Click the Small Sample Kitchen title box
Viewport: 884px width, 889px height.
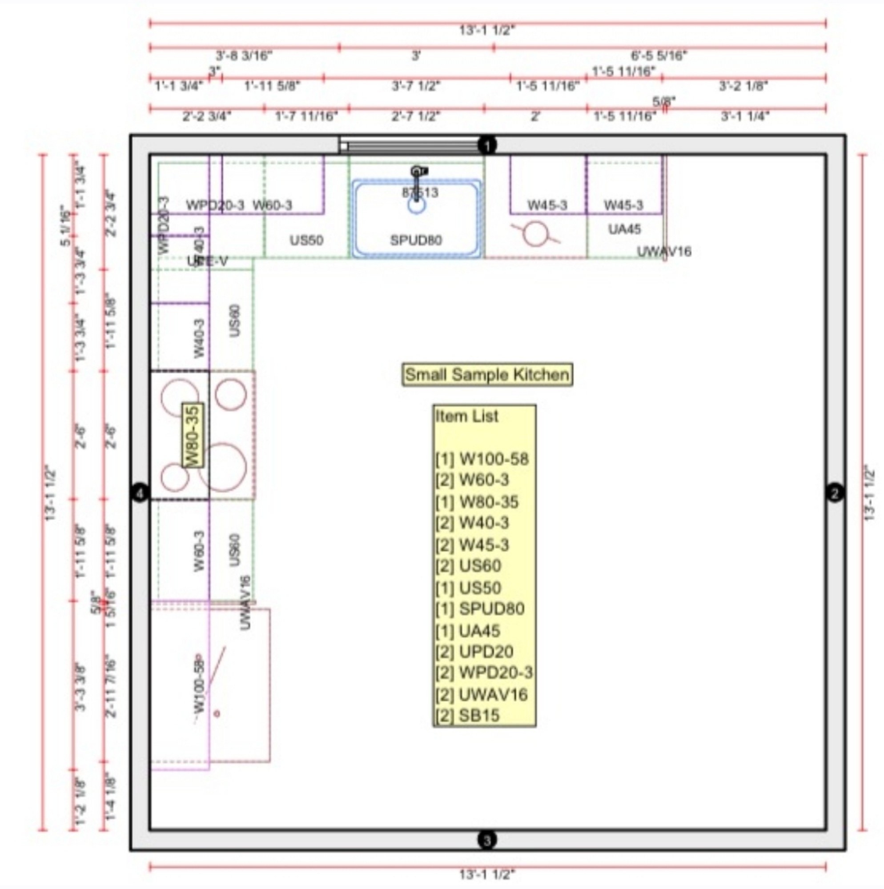pos(487,375)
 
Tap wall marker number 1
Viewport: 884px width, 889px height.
pos(487,145)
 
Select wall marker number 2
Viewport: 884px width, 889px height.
pos(835,494)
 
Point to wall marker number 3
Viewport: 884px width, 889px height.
pos(487,840)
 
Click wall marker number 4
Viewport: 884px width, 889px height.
pos(140,494)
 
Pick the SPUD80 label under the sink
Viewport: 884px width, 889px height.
pos(416,240)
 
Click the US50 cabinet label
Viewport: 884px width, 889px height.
pos(306,240)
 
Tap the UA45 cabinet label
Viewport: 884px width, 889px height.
pos(624,229)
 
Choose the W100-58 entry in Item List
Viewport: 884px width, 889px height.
pos(482,459)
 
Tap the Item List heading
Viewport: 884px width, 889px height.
pos(467,416)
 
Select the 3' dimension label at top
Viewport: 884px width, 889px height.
pos(416,56)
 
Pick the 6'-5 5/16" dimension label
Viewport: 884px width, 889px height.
pos(659,56)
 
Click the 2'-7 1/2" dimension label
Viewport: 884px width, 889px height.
pos(416,116)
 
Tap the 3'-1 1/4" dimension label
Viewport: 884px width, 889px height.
pos(745,116)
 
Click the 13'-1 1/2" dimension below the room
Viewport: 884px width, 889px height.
pos(487,874)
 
